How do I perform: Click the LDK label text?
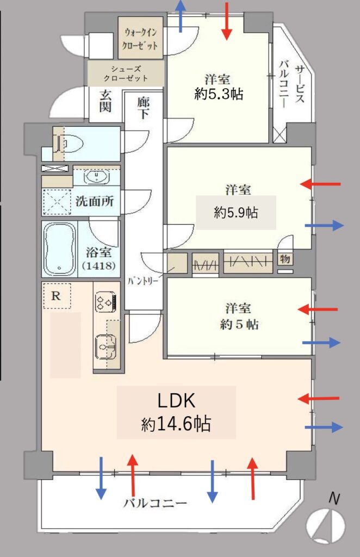click(176, 401)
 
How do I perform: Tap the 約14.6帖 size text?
click(176, 424)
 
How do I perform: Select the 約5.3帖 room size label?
click(219, 94)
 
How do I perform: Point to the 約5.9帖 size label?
click(236, 213)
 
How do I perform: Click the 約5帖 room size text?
click(239, 325)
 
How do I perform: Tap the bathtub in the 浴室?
click(60, 249)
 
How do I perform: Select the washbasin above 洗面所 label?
click(97, 177)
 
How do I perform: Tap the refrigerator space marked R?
click(56, 295)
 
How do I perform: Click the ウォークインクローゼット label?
click(140, 39)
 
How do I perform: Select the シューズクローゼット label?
click(126, 73)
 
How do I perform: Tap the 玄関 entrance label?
click(105, 101)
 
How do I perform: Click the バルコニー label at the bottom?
click(155, 503)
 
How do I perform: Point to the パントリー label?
click(143, 281)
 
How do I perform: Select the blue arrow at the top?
click(181, 16)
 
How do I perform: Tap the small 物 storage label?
click(285, 259)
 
